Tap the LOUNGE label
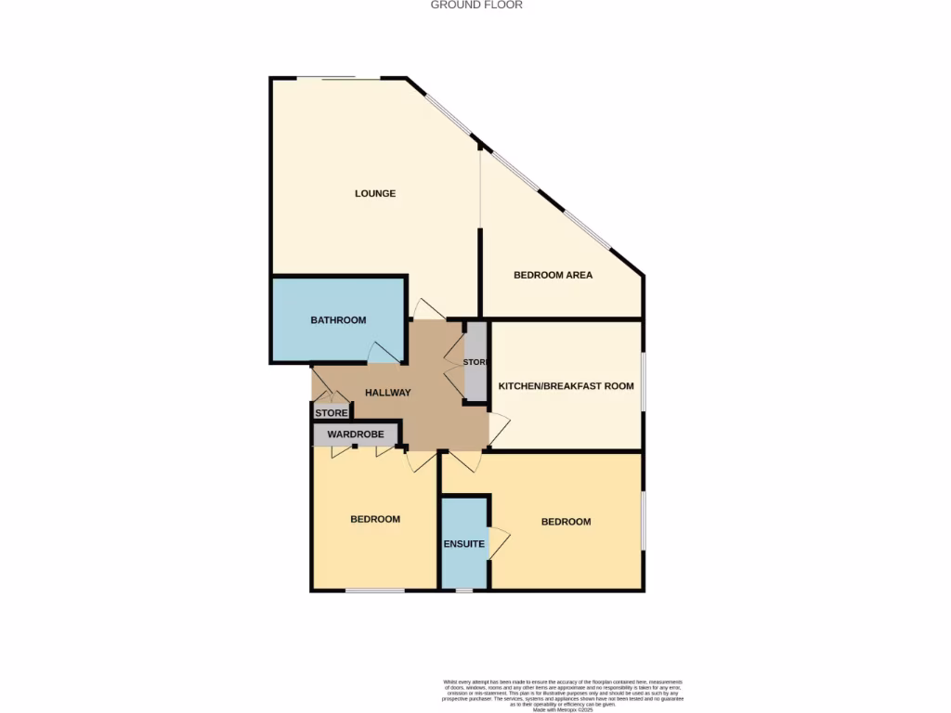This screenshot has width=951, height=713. click(x=375, y=194)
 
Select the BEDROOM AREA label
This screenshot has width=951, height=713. click(x=553, y=276)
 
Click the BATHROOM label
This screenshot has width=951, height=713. click(x=338, y=320)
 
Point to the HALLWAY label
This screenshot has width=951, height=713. click(x=387, y=393)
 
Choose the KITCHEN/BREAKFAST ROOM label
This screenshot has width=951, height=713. click(x=566, y=386)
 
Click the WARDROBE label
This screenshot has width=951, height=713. click(x=356, y=434)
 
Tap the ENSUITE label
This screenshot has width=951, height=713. click(x=463, y=544)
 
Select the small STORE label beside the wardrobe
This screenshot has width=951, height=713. click(x=332, y=413)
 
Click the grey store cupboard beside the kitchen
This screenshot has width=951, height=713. click(x=475, y=362)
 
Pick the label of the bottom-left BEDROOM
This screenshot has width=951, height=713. click(x=375, y=519)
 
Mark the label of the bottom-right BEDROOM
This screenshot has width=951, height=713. click(x=566, y=522)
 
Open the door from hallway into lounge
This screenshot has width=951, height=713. click(x=430, y=310)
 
